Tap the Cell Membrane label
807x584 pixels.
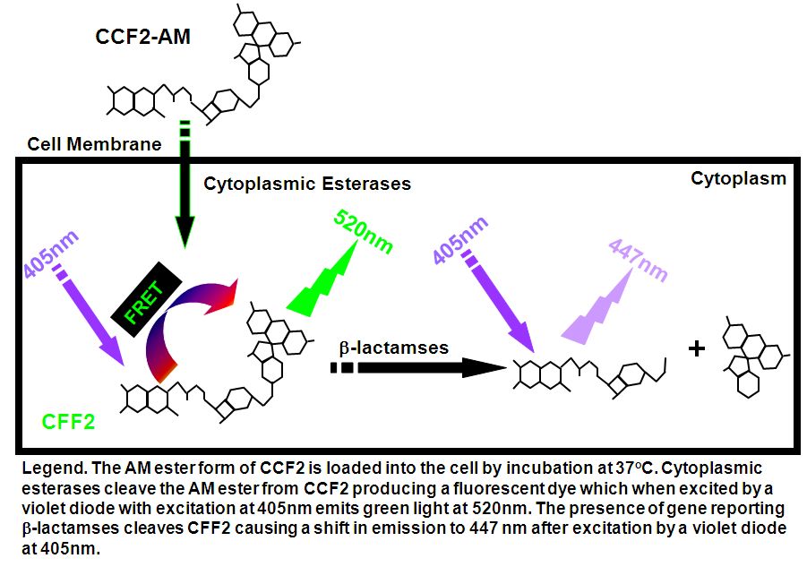coord(94,143)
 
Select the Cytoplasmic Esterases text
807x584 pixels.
coord(307,184)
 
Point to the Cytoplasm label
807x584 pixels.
coord(738,178)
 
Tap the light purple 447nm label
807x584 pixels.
coord(638,262)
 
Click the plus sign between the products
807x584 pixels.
coord(697,348)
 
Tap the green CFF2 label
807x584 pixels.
coord(68,420)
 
